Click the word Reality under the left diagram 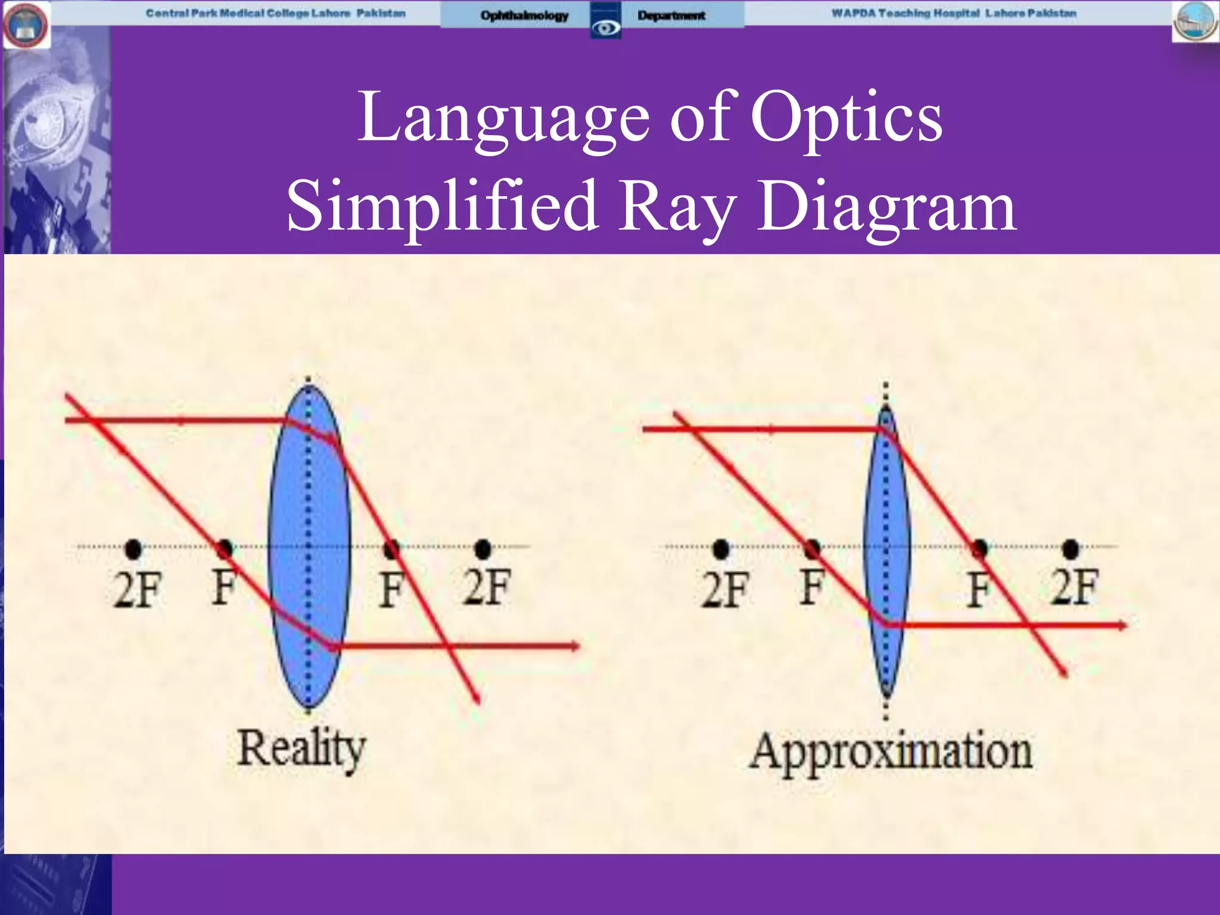(x=301, y=749)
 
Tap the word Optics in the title (x=846, y=117)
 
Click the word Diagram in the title (x=886, y=207)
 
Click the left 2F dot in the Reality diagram (x=133, y=549)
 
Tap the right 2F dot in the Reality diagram (x=483, y=549)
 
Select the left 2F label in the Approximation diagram (x=724, y=590)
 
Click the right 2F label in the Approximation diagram (x=1074, y=587)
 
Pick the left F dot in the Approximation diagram (x=812, y=549)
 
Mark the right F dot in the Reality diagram (x=391, y=549)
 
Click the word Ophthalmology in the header (x=524, y=15)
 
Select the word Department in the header (x=671, y=15)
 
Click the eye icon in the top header (x=605, y=26)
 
